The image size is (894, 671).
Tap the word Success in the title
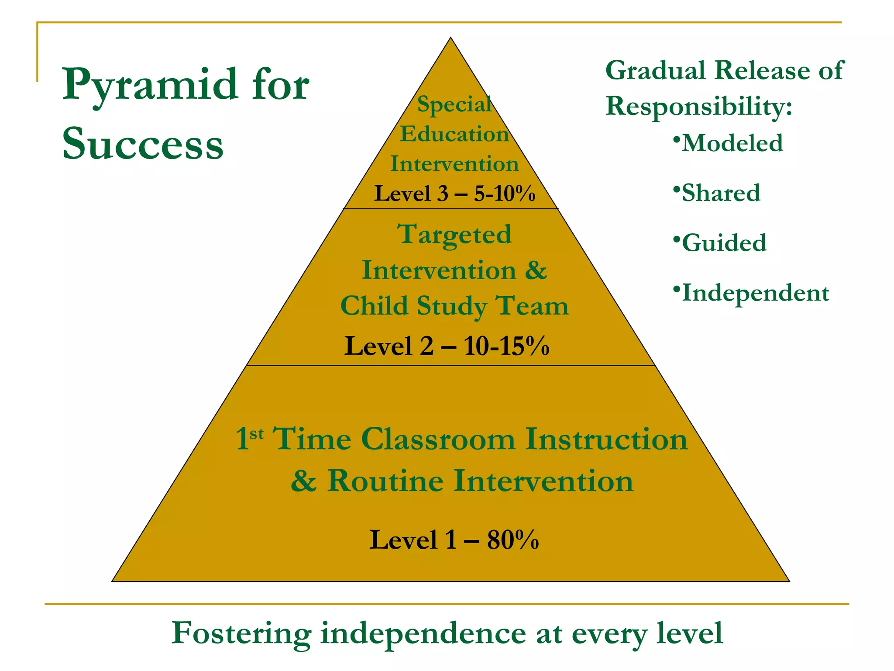pos(143,143)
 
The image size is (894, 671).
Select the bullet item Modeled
pos(732,143)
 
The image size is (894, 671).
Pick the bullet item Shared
pos(721,193)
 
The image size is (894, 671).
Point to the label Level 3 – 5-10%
pos(454,193)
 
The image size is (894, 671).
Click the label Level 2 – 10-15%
pos(447,346)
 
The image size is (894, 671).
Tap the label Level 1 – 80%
pos(454,540)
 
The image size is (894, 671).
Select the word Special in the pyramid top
pos(454,104)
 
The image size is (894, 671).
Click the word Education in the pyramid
pos(454,134)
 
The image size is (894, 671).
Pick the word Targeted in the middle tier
pos(454,234)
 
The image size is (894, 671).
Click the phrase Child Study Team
pos(454,305)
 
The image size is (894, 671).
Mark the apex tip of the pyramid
pos(451,38)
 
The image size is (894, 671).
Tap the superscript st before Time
pos(257,434)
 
